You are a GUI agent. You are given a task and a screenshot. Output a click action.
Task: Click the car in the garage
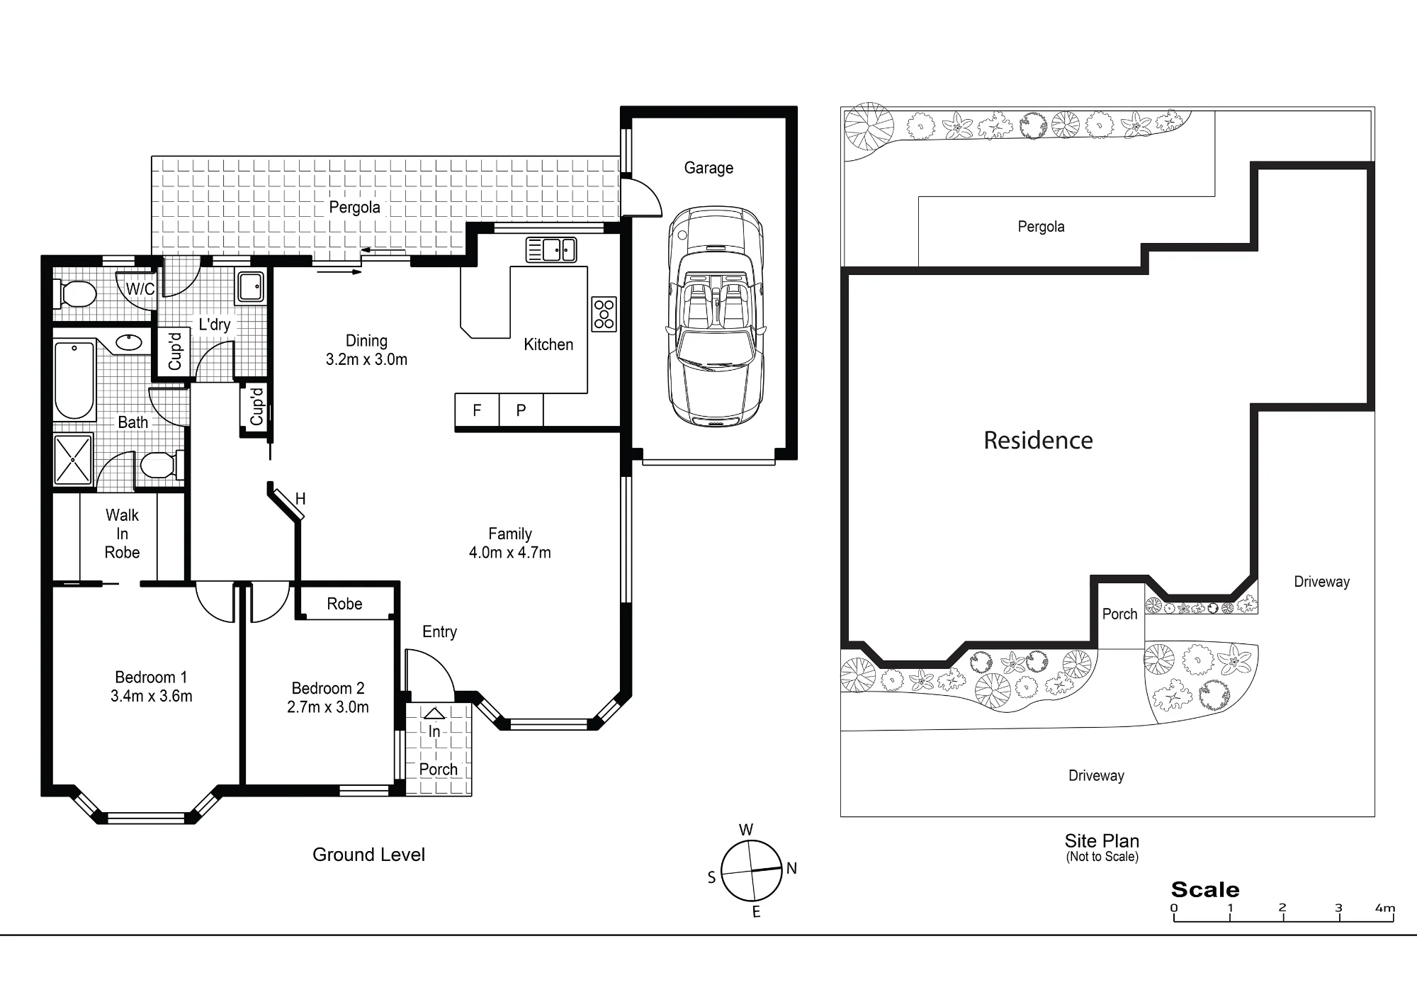coord(716,317)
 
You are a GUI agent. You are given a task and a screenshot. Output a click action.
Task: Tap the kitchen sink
coord(551,250)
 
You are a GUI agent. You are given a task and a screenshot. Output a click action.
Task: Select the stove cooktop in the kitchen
coord(604,314)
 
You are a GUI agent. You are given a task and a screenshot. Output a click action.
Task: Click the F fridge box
coord(477,410)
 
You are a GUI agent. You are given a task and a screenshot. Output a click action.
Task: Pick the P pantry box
coord(521,410)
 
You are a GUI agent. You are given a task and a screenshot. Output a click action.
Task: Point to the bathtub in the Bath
coord(74,381)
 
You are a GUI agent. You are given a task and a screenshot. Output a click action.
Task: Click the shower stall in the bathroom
coord(73,459)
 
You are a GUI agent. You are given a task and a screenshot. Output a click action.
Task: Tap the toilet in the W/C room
coord(75,293)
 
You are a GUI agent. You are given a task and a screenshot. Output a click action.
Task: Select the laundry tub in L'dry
coord(250,287)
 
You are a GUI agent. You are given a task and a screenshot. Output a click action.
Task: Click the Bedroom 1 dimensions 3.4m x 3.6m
coord(152,697)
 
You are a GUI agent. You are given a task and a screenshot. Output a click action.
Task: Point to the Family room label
coord(510,534)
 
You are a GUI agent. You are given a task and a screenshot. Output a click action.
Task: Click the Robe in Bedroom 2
coord(344,604)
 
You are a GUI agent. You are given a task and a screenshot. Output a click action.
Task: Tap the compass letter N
coord(791,868)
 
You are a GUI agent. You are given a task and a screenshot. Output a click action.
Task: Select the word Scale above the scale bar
coord(1205,889)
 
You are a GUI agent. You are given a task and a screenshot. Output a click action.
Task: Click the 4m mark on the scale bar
coord(1385,908)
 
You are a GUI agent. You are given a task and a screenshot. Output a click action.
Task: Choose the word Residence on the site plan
coord(1038,440)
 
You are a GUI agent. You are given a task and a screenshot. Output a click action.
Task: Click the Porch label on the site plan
coord(1119,614)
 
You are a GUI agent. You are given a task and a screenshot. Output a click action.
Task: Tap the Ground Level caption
coord(368,855)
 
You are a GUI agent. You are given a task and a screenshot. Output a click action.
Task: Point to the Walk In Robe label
coord(122,534)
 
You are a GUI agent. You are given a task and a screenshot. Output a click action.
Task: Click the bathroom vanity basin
coord(129,343)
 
